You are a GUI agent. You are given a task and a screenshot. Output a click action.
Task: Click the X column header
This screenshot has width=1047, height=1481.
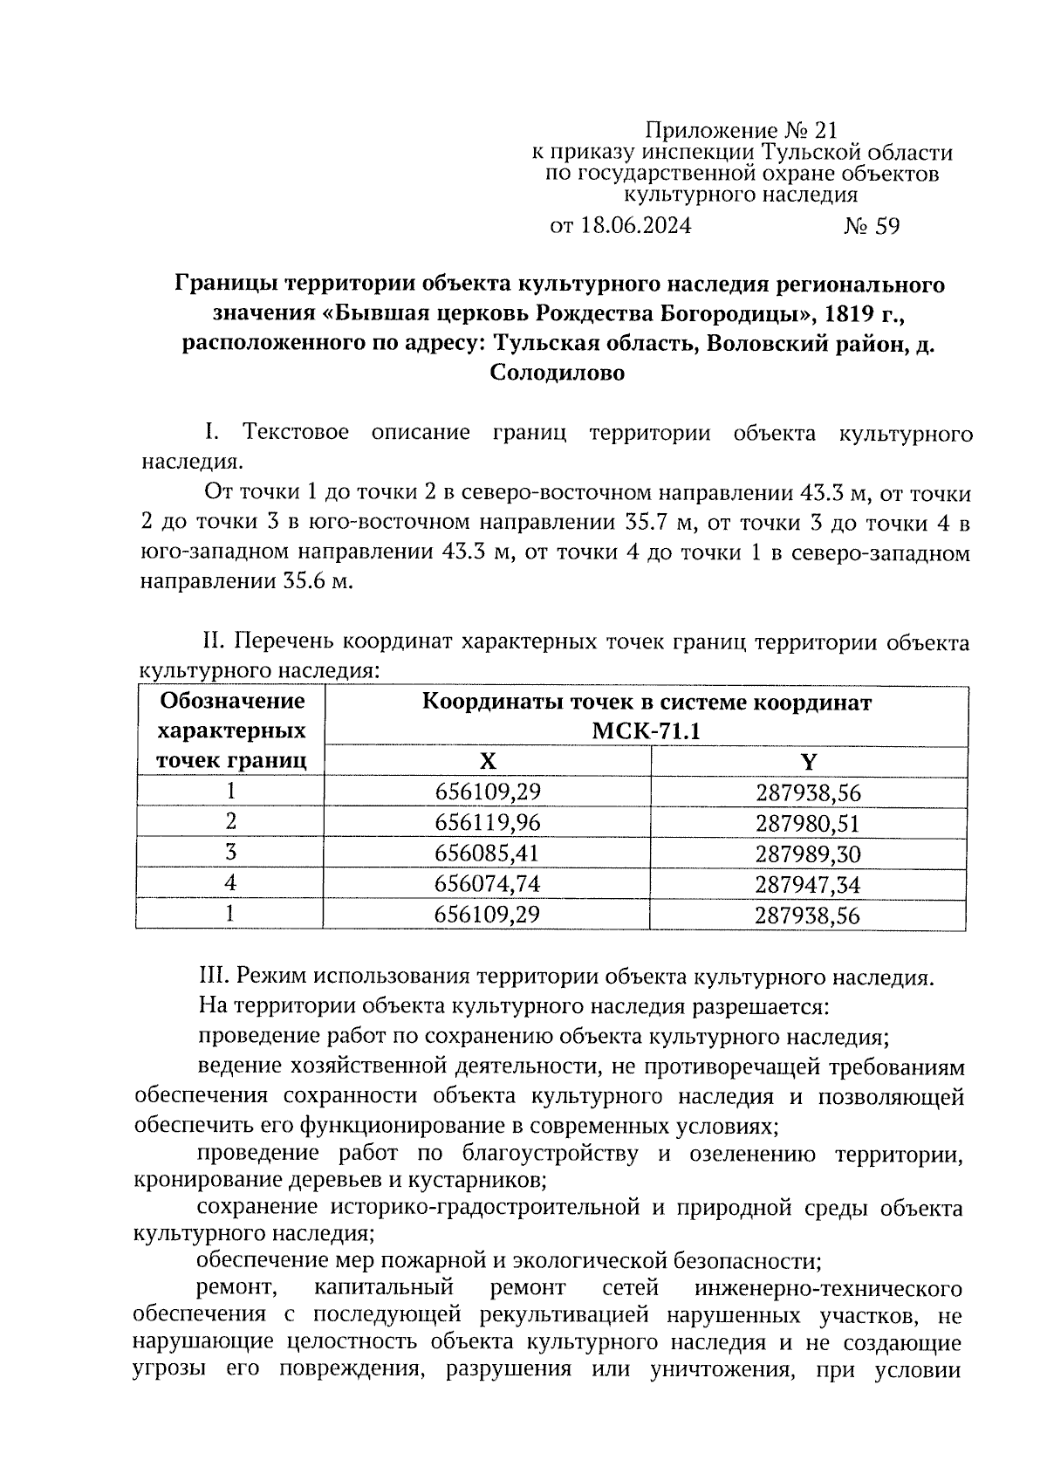pos(488,762)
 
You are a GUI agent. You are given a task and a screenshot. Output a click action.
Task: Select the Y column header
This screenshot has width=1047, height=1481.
pos(808,762)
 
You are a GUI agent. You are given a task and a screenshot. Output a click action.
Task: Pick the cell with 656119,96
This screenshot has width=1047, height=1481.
pos(488,823)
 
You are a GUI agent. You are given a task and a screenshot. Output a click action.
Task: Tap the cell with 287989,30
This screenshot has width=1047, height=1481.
pos(808,854)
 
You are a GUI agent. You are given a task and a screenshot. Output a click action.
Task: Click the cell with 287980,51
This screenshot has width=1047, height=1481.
pos(808,823)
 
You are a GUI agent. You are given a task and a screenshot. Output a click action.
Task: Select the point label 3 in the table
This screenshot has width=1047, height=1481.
pos(230,853)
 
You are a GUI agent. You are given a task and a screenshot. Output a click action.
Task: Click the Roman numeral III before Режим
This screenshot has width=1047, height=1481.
pos(215,977)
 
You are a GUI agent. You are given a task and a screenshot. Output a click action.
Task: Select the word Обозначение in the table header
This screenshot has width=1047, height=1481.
pos(232,702)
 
